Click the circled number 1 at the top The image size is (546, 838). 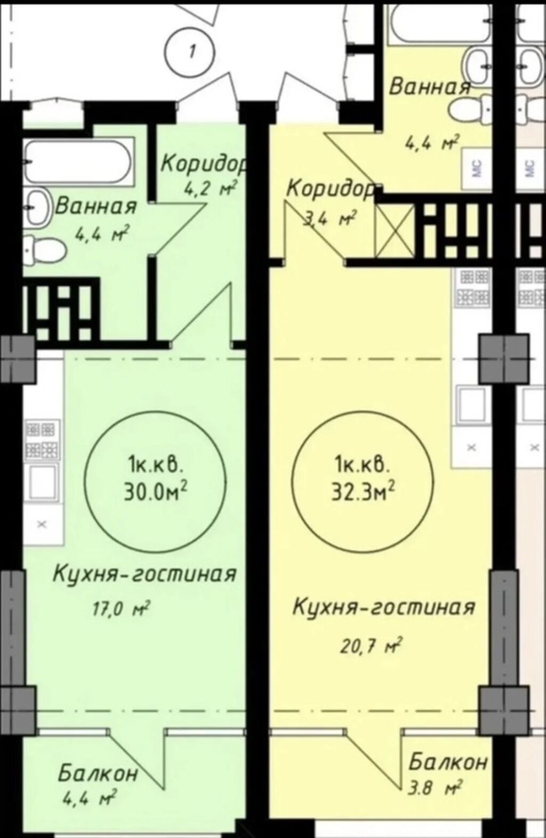coord(189,52)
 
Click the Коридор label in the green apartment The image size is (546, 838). coord(204,165)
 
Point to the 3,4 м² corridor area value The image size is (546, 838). coord(329,219)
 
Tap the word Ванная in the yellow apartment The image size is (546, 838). coord(430,87)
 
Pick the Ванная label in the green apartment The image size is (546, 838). coord(96,207)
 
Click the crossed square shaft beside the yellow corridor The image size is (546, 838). coord(395,231)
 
